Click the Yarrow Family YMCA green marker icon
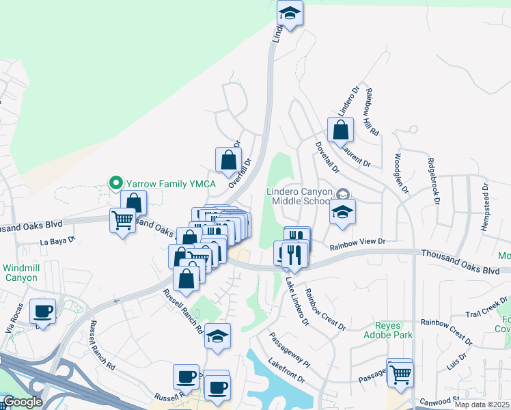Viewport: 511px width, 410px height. (116, 183)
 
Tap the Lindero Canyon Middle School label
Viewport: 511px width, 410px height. (301, 196)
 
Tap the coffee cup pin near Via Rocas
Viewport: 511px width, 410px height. (44, 311)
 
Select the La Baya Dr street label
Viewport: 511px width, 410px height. (57, 241)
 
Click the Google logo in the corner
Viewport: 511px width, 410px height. (23, 402)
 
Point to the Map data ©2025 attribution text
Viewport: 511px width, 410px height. (482, 405)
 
